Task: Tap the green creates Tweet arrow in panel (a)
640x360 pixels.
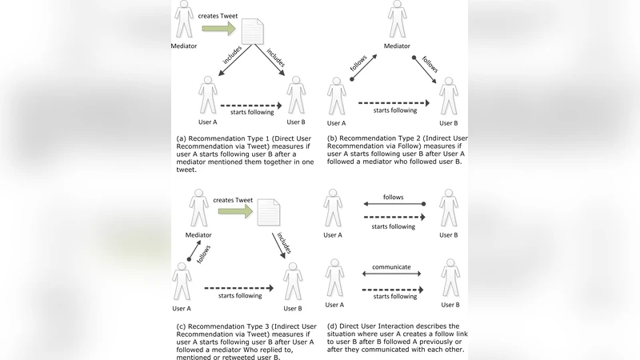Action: pos(218,29)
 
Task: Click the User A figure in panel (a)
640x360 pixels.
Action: pos(209,96)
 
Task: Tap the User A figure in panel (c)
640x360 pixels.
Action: pos(183,282)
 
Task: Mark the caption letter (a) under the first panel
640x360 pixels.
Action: pos(182,138)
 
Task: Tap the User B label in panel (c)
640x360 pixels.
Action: pos(294,308)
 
